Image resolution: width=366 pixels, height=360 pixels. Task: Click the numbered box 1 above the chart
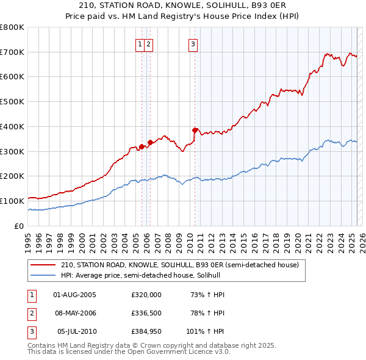point(140,43)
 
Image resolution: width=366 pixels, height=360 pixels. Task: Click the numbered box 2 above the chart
point(149,43)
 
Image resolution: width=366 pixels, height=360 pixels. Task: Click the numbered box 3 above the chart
point(193,43)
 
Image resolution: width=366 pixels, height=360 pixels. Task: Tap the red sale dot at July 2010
point(195,130)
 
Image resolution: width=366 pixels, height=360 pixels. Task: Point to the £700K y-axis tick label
point(12,52)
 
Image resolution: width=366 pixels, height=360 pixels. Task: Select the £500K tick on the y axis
point(12,102)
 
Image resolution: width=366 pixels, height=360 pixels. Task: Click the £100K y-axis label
point(12,201)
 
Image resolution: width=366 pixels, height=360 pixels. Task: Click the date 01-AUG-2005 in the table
point(75,295)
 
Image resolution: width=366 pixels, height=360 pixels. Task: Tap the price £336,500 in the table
point(146,314)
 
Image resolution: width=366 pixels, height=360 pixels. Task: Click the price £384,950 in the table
point(146,333)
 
